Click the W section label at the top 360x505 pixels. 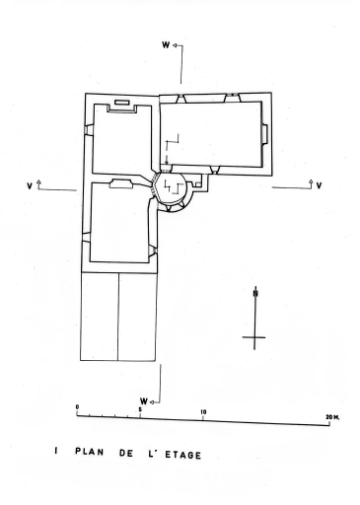[166, 45]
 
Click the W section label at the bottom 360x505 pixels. [144, 401]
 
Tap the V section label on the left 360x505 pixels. [30, 186]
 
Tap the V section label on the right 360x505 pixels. [319, 185]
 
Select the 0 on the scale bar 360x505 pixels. [77, 407]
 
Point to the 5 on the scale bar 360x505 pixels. [140, 409]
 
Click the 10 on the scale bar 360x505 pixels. [203, 412]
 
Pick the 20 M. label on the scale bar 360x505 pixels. [332, 417]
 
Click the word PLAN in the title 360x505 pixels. [90, 452]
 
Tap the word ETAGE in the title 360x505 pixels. [182, 455]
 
